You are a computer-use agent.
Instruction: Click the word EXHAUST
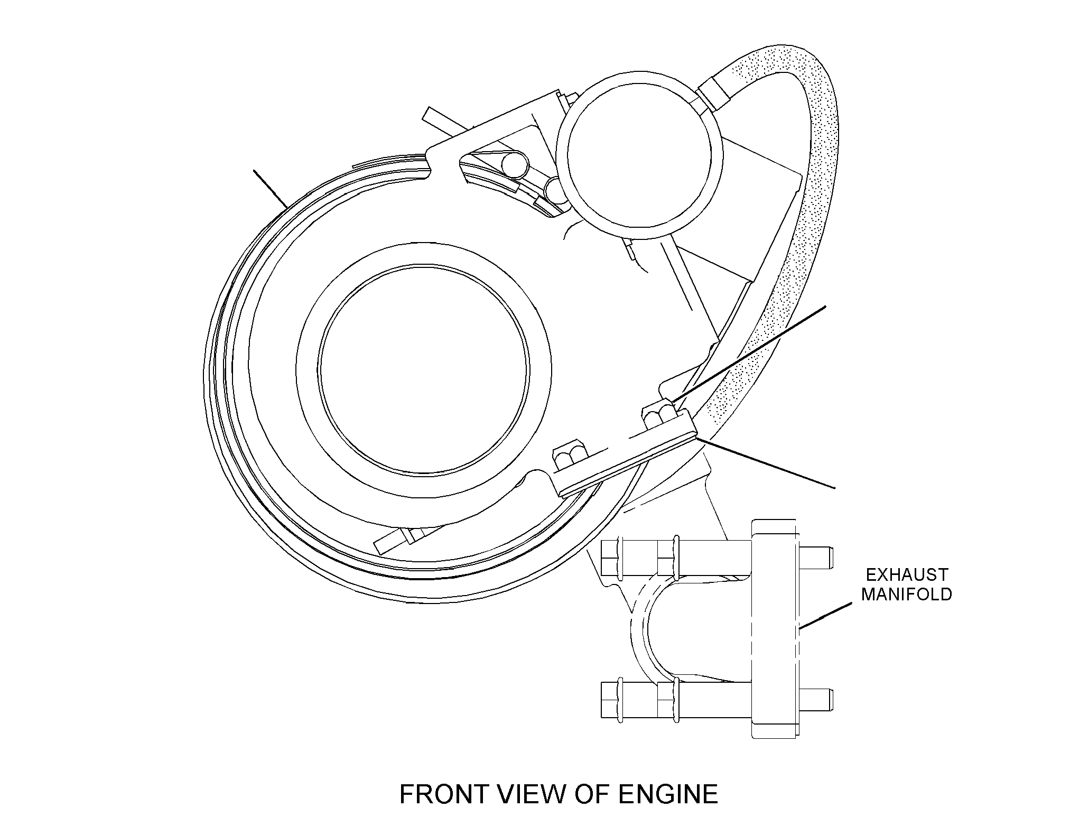(x=907, y=574)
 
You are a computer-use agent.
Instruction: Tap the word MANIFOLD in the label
(x=907, y=594)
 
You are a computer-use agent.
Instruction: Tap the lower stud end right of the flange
(x=817, y=699)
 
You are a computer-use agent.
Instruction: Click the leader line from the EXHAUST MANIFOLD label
(x=825, y=616)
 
